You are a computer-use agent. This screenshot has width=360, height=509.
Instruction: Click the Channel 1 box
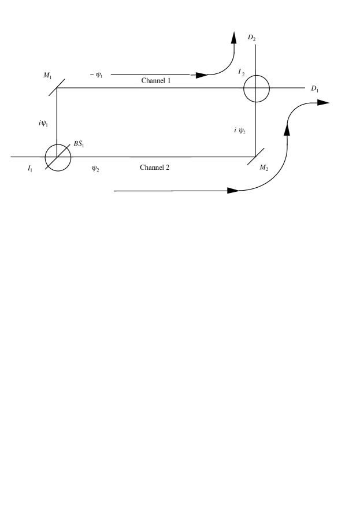point(168,81)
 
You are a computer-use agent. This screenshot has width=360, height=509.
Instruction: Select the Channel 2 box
point(168,169)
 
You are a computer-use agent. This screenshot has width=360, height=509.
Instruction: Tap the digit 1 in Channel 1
point(169,81)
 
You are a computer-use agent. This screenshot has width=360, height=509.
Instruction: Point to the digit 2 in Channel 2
point(168,168)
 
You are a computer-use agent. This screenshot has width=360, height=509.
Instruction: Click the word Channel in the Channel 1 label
point(153,81)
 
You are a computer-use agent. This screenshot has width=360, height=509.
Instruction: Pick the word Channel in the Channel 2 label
point(151,168)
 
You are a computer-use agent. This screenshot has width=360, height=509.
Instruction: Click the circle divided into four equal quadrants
point(257,88)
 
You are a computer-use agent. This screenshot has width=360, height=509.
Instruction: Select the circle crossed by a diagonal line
point(58,158)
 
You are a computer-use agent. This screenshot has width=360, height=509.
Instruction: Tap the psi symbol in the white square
point(241,131)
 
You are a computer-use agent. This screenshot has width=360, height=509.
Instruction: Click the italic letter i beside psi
point(235,131)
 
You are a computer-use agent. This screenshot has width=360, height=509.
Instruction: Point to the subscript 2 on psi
point(244,132)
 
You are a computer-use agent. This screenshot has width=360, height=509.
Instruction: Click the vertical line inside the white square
point(255,139)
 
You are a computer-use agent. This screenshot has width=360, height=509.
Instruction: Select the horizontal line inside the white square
point(242,157)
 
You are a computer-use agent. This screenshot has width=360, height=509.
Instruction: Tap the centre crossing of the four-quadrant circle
point(257,88)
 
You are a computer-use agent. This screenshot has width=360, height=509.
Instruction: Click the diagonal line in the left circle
point(54,162)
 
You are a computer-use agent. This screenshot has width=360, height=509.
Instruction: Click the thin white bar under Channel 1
point(168,90)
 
